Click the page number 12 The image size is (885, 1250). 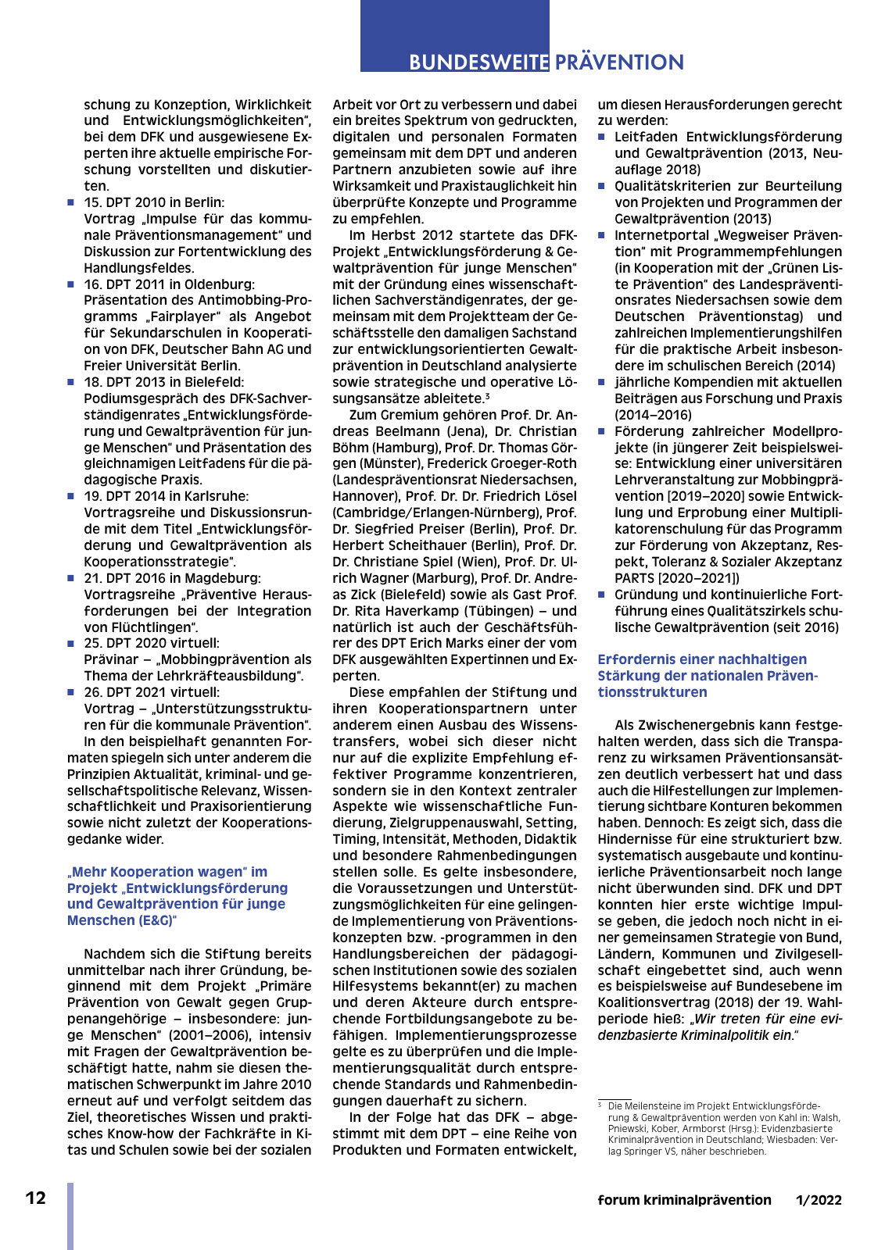click(x=36, y=1198)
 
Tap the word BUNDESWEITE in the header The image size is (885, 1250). click(x=479, y=62)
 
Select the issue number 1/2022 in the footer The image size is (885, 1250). click(x=819, y=1200)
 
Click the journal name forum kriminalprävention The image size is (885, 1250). click(x=684, y=1200)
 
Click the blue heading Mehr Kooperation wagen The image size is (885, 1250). click(x=167, y=872)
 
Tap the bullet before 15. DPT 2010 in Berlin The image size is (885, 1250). click(x=71, y=203)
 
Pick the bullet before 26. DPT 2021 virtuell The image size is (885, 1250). click(x=71, y=692)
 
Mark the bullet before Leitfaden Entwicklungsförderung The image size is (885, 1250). click(x=602, y=137)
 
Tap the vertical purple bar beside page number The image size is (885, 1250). click(x=70, y=1216)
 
